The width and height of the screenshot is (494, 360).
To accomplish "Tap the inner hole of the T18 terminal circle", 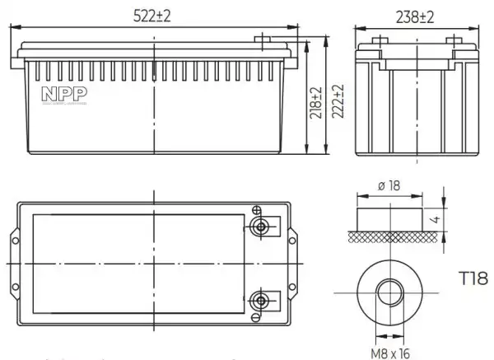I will tap(388, 292).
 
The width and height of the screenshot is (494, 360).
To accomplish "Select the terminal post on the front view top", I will tap(263, 40).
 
